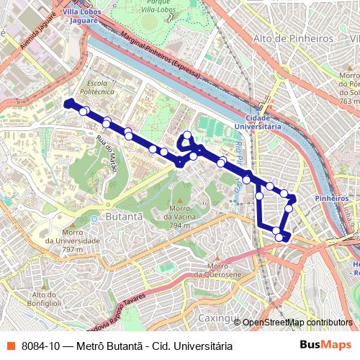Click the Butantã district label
[125, 215]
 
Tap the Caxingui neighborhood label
[218, 318]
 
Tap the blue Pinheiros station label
[332, 198]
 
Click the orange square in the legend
[10, 346]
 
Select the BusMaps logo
[325, 346]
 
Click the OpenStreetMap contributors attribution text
[297, 323]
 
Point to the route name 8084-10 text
[127, 346]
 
